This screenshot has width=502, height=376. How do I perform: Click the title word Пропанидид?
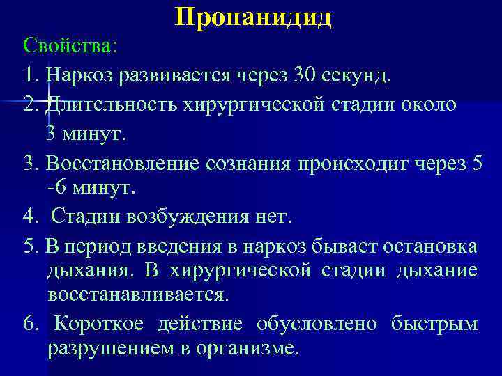point(254,17)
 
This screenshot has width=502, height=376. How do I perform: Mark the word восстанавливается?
point(137,295)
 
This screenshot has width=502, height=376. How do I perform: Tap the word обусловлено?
point(317,324)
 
